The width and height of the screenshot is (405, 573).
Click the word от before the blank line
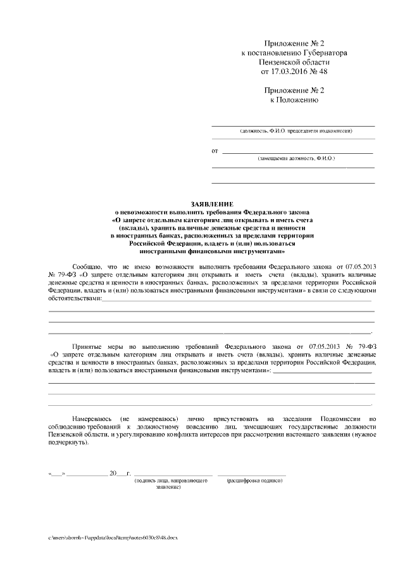(x=215, y=151)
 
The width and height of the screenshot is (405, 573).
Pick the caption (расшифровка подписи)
(x=253, y=481)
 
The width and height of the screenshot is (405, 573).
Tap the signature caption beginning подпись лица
(x=171, y=481)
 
